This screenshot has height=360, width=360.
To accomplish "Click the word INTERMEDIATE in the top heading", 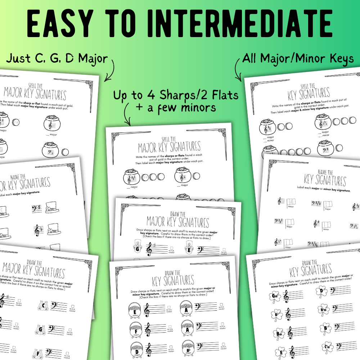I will coord(236,22).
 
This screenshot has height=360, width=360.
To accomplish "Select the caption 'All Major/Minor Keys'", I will coord(298,58).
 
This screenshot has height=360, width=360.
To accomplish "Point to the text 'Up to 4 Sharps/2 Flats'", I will coord(176,95).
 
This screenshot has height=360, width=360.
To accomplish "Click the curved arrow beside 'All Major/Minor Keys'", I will coord(237,70).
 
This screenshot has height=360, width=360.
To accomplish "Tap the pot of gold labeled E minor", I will coord(136,309).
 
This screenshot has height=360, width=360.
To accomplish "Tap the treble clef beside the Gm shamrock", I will coord(287,296).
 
